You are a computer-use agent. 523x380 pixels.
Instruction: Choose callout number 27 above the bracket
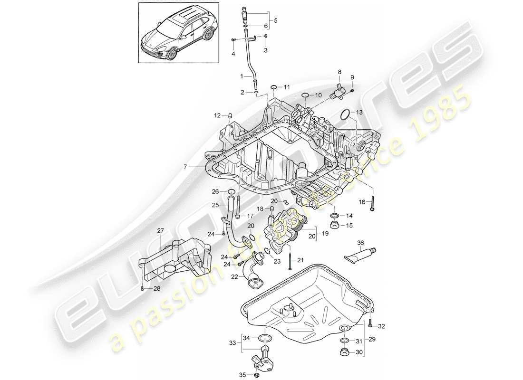click(x=160, y=230)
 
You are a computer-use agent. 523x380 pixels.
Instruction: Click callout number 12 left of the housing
click(x=217, y=115)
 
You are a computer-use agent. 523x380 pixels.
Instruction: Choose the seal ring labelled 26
click(x=232, y=192)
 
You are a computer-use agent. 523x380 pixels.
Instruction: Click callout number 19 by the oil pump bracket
click(x=325, y=233)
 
